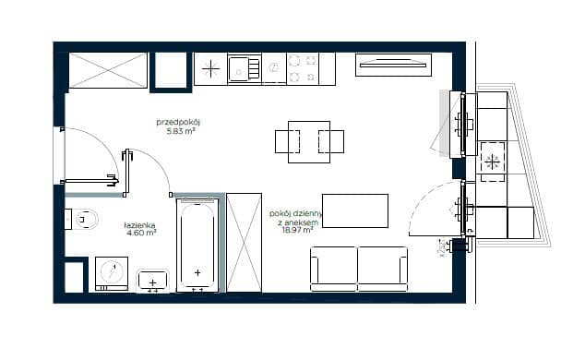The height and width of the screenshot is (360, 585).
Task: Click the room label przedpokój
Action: (x=178, y=123)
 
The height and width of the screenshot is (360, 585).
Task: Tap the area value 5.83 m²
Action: (x=181, y=131)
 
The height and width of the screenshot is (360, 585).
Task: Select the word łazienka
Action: (x=139, y=225)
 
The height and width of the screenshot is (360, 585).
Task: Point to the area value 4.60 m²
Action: (x=141, y=233)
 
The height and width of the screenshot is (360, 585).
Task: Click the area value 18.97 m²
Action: (x=297, y=230)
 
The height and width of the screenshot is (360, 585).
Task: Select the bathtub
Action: (x=197, y=246)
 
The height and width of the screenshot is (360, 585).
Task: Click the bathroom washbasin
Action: (x=152, y=281)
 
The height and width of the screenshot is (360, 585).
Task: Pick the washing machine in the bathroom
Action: (x=112, y=273)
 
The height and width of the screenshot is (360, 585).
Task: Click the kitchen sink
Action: (x=244, y=68)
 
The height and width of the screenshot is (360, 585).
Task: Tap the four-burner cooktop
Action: (x=303, y=68)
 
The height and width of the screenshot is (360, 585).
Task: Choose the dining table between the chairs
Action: (x=309, y=142)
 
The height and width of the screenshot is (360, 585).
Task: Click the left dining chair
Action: (x=287, y=142)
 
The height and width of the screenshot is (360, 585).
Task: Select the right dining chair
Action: (x=331, y=142)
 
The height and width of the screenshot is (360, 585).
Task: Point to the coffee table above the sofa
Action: (x=355, y=210)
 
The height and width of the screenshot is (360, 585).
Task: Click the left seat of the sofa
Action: (x=334, y=269)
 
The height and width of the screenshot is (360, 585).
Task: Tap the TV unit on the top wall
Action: (x=394, y=65)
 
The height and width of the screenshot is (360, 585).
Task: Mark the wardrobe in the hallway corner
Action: (x=108, y=70)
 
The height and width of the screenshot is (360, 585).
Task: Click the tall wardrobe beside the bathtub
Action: (x=244, y=243)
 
